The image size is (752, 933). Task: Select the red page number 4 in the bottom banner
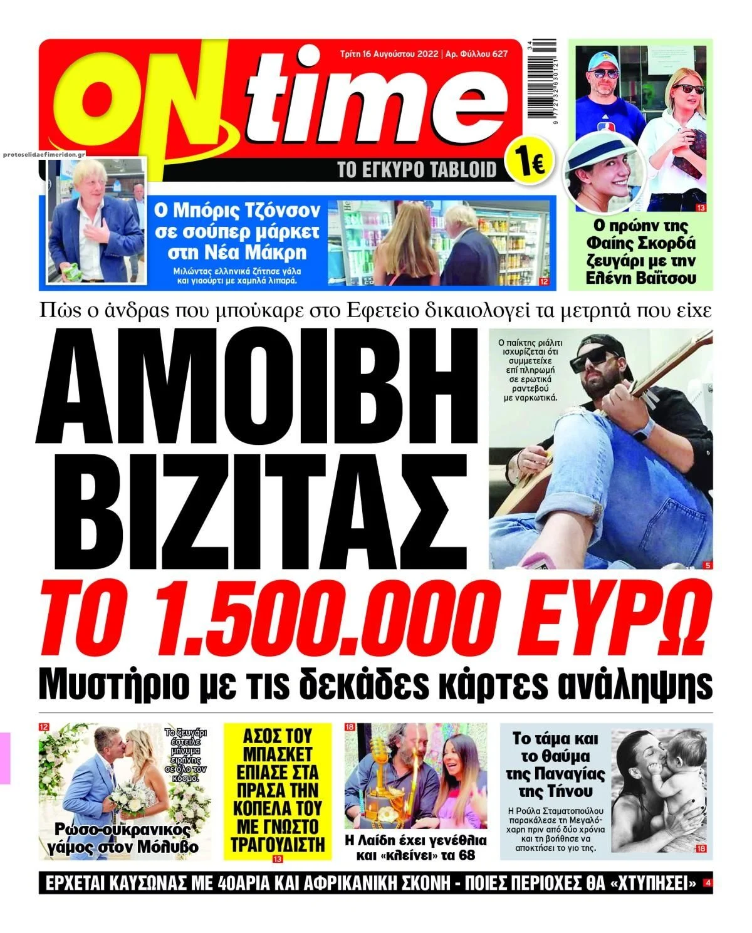708,883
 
